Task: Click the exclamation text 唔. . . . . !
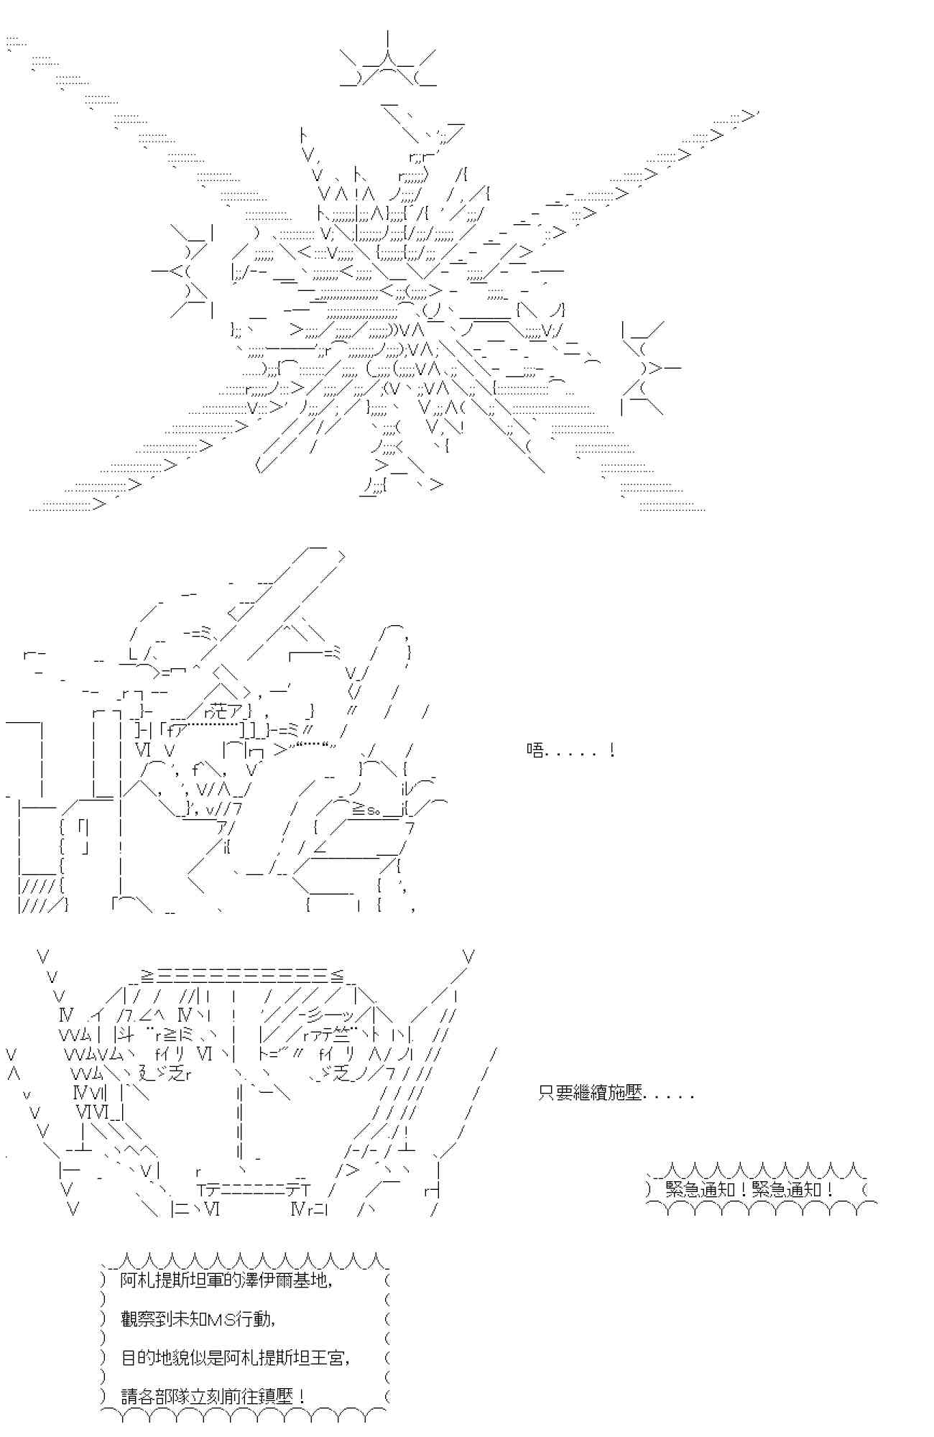[570, 752]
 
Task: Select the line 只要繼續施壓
[616, 1094]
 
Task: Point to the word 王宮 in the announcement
[332, 1358]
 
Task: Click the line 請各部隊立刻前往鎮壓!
[213, 1397]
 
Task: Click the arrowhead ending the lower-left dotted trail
[100, 504]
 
